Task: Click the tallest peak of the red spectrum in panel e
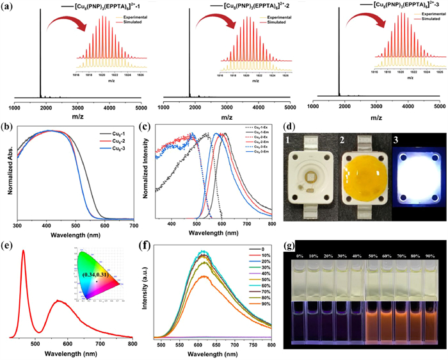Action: click(23, 251)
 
